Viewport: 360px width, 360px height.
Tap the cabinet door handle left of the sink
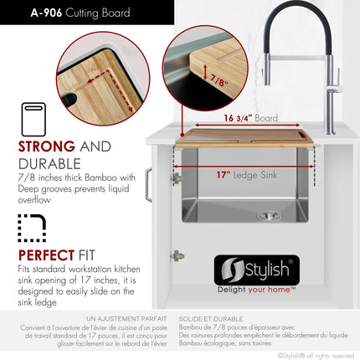pyautogui.click(x=147, y=185)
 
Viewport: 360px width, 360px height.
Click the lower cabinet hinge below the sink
pyautogui.click(x=177, y=256)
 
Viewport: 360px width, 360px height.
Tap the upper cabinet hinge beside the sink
pyautogui.click(x=177, y=178)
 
